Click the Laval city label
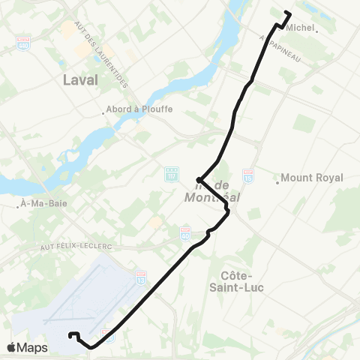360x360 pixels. pos(82,81)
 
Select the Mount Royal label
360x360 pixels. pos(313,178)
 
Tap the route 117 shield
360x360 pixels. pos(171,173)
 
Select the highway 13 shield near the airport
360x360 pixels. pos(141,278)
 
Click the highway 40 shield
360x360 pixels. pos(184,232)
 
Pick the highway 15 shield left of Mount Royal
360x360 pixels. pos(248,174)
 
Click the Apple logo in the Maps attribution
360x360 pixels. pos(11,347)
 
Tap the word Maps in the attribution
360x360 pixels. pos(32,348)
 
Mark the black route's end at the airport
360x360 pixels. pos(70,335)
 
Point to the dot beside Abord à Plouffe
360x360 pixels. pos(104,114)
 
